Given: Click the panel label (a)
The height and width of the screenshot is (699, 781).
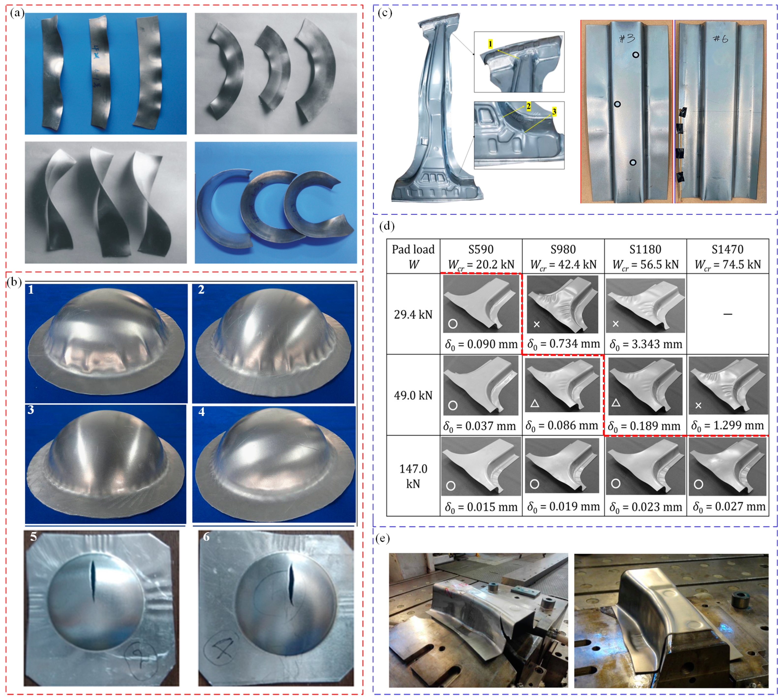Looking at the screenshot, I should click(17, 14).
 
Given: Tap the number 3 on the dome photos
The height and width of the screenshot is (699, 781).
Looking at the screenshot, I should click(31, 410).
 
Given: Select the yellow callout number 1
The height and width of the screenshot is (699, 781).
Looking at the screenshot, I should click(490, 44).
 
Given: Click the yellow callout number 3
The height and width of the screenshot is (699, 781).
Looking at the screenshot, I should click(554, 112).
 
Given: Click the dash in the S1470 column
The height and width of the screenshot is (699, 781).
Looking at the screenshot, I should click(727, 314).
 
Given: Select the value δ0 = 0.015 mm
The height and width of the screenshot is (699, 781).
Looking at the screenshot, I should click(481, 507).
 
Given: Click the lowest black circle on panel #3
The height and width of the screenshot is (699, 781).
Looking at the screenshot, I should click(633, 162).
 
